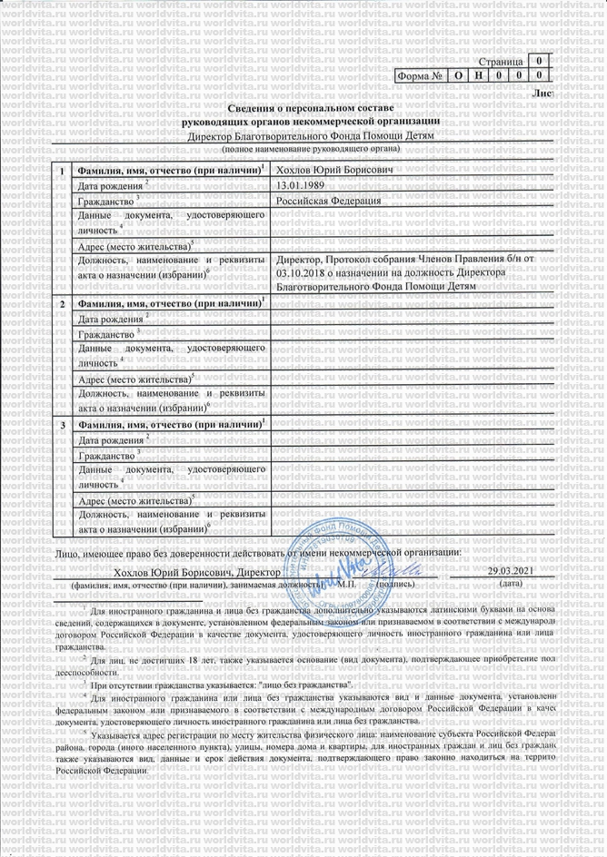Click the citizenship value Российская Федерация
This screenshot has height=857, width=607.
pos(329,201)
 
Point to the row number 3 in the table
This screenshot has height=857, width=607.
pos(61,425)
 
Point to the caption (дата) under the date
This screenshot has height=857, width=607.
pos(510,586)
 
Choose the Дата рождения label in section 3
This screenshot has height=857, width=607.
pos(112,440)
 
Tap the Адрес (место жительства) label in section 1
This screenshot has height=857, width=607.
pos(135,246)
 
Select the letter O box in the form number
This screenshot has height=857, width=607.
pos(461,78)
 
